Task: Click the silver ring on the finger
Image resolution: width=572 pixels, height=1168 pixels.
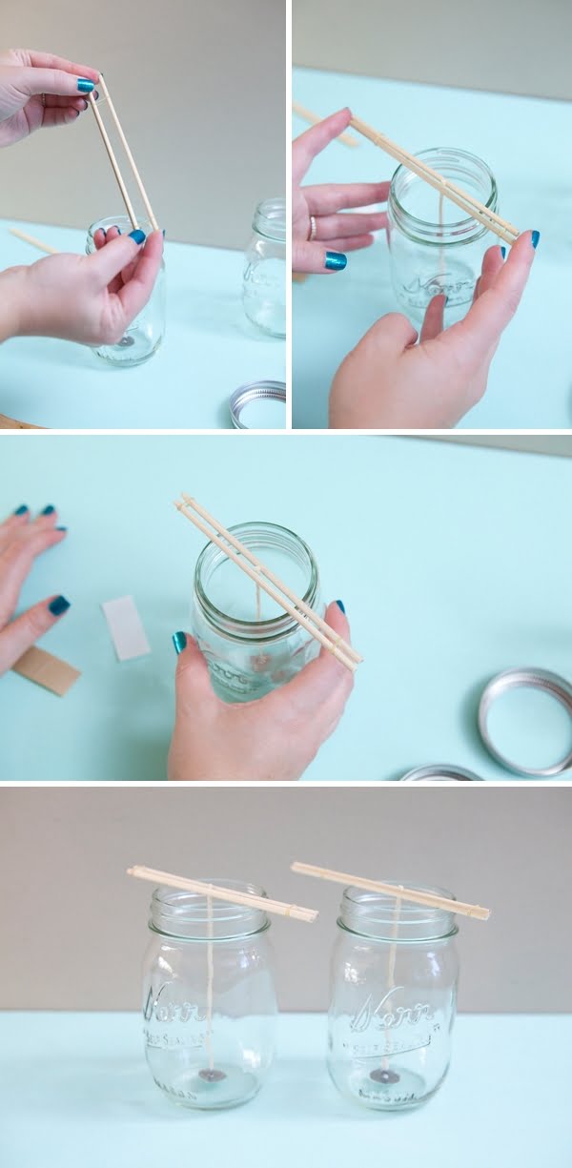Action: (312, 228)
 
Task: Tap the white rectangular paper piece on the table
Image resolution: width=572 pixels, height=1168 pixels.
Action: (126, 627)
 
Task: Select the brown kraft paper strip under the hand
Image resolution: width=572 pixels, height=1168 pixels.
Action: (46, 669)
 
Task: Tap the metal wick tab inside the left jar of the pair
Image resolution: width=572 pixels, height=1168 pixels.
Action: (213, 1075)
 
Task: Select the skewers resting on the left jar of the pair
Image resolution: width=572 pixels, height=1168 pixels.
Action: (222, 893)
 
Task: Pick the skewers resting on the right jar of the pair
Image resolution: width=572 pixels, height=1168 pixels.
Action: (390, 890)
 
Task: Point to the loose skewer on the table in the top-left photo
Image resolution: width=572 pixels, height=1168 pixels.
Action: (34, 241)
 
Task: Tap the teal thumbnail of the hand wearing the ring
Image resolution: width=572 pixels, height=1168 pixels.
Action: (335, 259)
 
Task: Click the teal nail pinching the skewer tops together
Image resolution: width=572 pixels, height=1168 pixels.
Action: (86, 85)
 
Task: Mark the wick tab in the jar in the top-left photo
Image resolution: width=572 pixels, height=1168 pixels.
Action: (126, 340)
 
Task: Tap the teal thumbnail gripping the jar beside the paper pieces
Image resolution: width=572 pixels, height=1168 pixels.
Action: (179, 643)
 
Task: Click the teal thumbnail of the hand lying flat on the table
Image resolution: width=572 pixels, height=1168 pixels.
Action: (59, 604)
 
